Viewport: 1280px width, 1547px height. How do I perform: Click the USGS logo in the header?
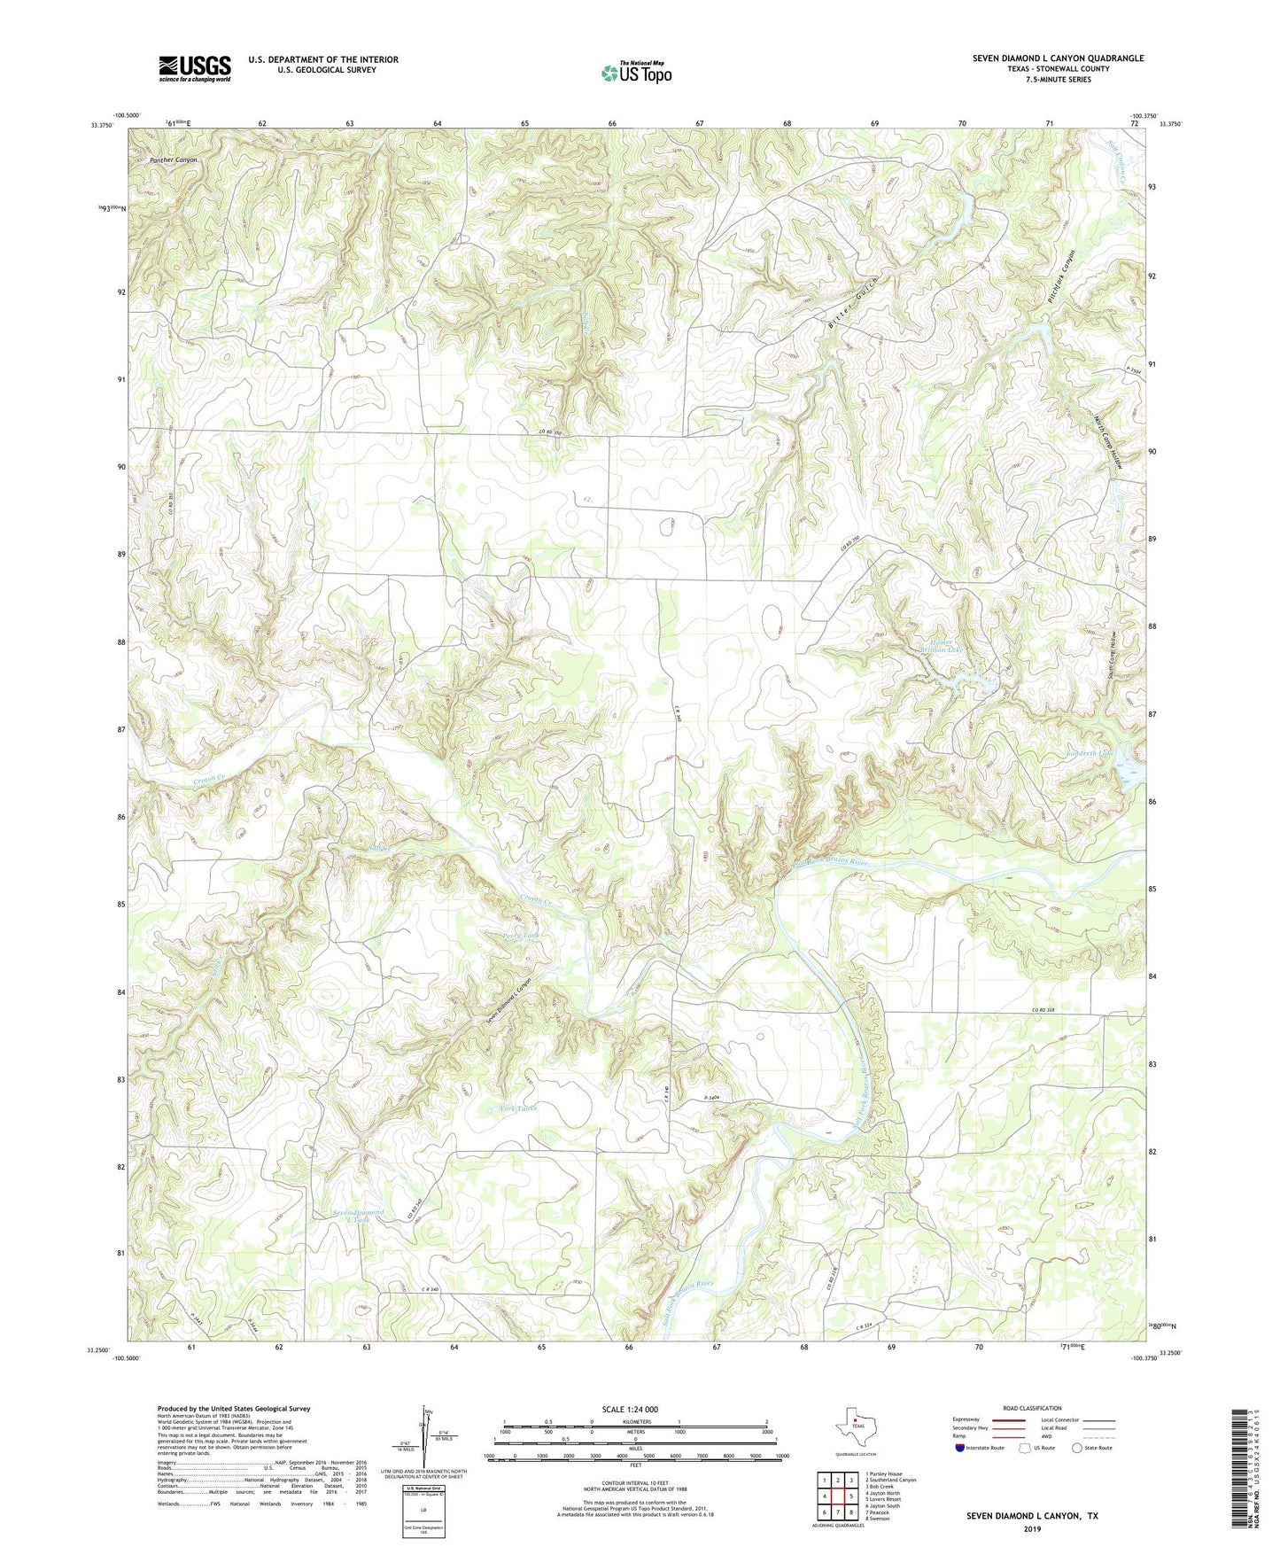click(x=195, y=68)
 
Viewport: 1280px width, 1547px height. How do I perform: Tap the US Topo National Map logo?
click(x=635, y=72)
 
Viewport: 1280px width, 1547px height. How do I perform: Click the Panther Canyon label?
click(x=174, y=160)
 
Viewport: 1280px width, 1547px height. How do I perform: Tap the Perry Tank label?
click(x=521, y=936)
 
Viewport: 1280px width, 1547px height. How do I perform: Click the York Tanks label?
click(x=517, y=1108)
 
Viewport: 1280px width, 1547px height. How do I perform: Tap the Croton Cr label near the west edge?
click(x=210, y=781)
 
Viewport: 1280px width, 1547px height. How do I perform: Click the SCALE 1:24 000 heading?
click(x=630, y=1409)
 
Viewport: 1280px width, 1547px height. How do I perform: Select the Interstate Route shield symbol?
click(x=961, y=1448)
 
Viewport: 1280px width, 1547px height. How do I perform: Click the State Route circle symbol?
click(x=1077, y=1448)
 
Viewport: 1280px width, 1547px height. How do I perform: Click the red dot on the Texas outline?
click(x=856, y=1426)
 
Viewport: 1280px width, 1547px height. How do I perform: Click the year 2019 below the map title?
click(x=1032, y=1528)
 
